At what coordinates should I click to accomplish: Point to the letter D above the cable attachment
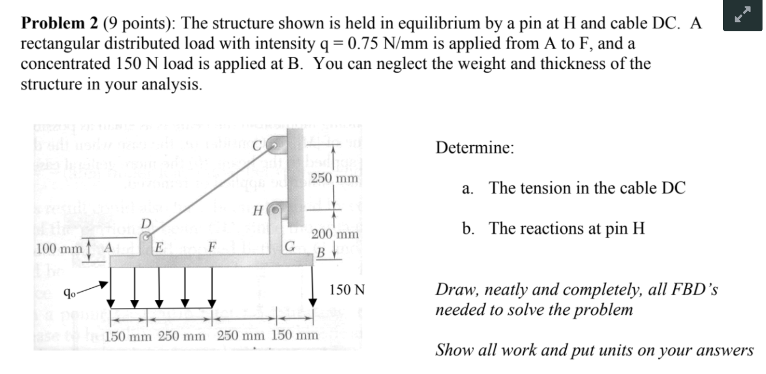tap(147, 223)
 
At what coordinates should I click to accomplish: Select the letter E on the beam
tap(157, 248)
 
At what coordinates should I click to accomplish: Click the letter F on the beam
tap(213, 248)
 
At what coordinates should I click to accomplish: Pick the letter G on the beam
tap(290, 247)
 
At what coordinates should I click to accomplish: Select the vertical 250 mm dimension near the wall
tap(334, 178)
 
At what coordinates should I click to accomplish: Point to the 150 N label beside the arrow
tap(347, 289)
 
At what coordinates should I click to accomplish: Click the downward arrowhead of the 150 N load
tap(313, 302)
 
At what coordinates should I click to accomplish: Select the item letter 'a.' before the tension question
tap(468, 188)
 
